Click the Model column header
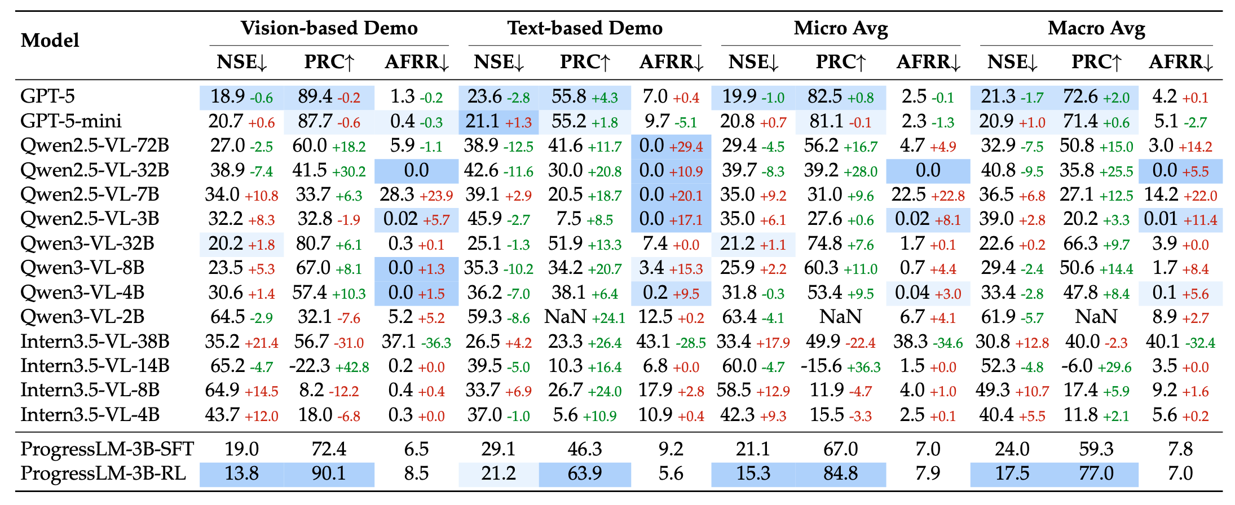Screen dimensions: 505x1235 point(50,41)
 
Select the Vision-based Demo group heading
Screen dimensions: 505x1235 point(329,28)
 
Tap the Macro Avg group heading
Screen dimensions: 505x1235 point(1096,28)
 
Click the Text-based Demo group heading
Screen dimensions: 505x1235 point(585,28)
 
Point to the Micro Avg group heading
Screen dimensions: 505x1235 point(840,28)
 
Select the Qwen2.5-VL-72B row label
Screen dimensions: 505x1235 point(95,146)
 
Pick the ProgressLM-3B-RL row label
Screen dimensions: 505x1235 point(103,473)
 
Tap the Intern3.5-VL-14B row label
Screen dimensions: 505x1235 point(95,366)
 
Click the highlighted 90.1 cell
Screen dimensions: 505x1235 point(329,473)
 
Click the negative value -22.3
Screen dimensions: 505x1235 point(309,366)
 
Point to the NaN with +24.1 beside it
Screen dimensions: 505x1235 point(565,317)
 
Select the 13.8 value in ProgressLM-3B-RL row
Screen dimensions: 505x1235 point(241,473)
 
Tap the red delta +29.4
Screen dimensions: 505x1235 point(686,148)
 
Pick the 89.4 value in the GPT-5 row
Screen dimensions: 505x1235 point(315,97)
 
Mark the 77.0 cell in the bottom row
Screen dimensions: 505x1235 point(1096,473)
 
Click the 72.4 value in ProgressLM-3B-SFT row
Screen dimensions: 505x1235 point(329,449)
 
